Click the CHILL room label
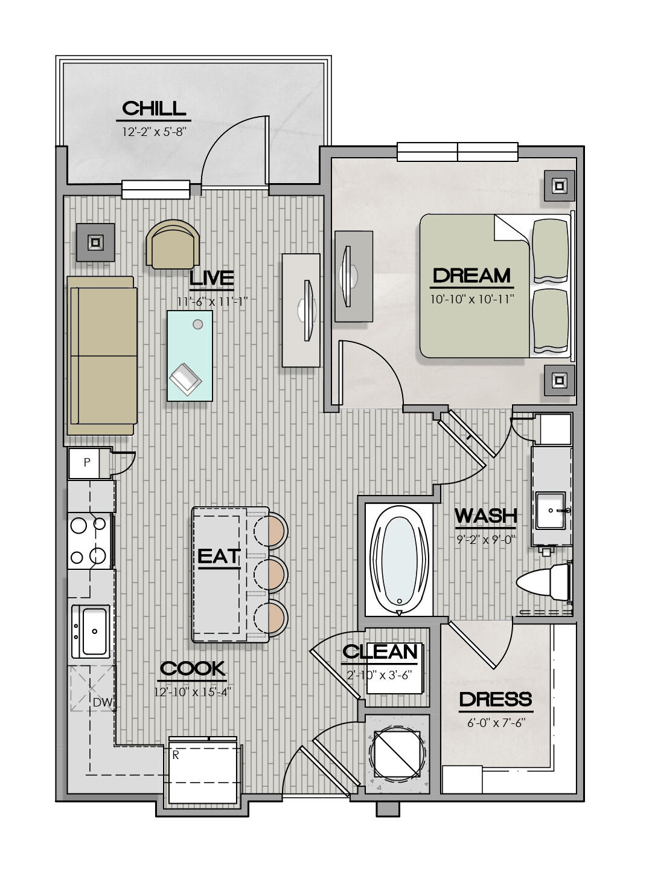154,108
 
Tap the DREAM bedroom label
471,276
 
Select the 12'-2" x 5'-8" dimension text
154,131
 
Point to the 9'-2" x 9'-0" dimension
486,540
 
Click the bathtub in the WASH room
400,560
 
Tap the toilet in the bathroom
544,582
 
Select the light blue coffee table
190,355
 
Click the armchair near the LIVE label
173,245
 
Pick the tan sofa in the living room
102,355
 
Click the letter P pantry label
87,462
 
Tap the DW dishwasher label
103,702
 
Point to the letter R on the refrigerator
176,755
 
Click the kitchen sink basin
95,632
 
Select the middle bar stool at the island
271,574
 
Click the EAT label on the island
219,557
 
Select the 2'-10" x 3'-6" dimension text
379,675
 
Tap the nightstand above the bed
559,186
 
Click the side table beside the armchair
95,242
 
